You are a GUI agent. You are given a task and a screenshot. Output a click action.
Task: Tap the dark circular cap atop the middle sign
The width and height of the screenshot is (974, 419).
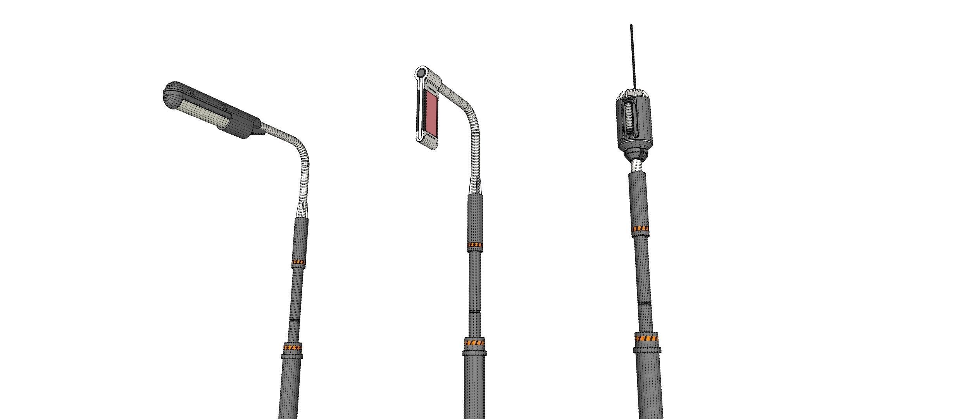pos(421,73)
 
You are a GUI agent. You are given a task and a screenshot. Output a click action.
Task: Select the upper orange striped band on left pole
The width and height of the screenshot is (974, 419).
pos(298,263)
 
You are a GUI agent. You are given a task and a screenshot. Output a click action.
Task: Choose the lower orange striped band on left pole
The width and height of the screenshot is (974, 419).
pos(293,347)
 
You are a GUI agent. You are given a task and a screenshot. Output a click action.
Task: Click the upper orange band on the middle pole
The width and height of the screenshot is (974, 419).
pos(475,245)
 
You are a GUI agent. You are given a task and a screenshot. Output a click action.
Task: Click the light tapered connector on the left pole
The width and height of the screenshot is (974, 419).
pos(302,210)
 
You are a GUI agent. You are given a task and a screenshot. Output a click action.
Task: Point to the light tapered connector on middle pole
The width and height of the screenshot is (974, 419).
pos(475,186)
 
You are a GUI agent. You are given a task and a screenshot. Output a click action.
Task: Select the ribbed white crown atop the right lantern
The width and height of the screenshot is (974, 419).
pos(633,93)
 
